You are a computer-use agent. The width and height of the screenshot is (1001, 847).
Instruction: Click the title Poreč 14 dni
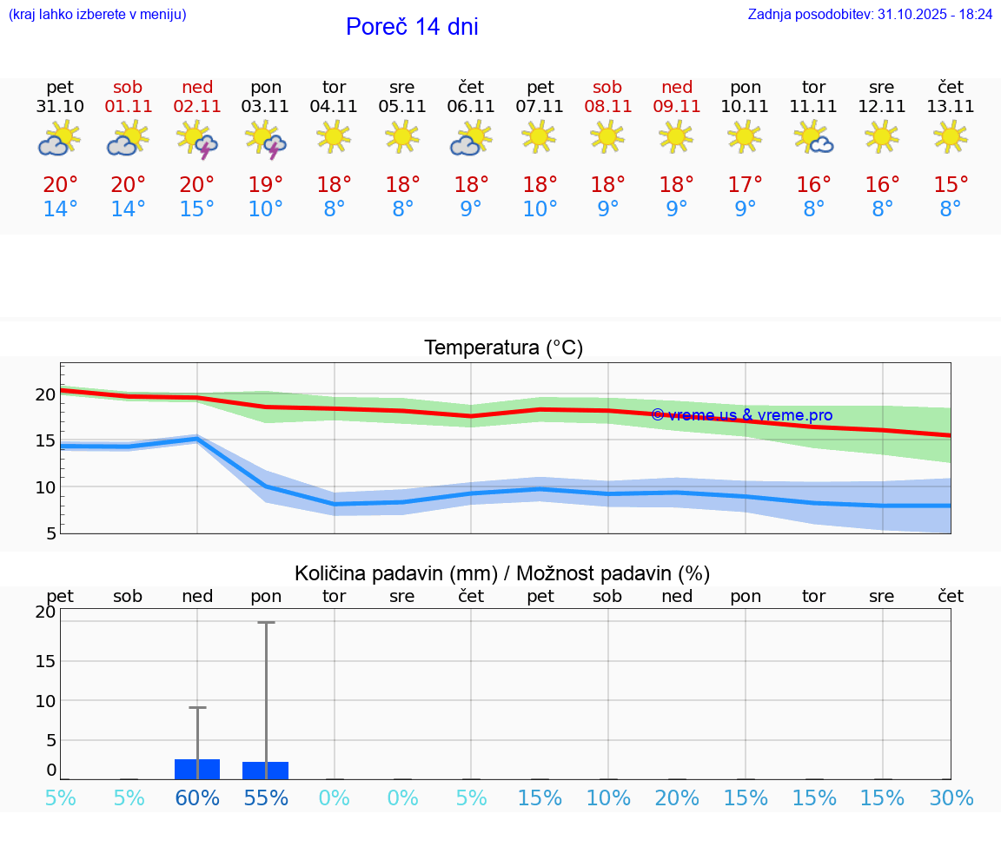pyautogui.click(x=412, y=27)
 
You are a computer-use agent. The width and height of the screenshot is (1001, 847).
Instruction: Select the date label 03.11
pyautogui.click(x=266, y=107)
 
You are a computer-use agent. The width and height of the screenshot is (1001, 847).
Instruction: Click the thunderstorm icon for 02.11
pyautogui.click(x=197, y=140)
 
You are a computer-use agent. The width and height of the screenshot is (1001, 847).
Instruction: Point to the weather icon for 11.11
pyautogui.click(x=814, y=138)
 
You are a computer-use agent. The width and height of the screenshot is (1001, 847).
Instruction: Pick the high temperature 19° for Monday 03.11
pyautogui.click(x=266, y=185)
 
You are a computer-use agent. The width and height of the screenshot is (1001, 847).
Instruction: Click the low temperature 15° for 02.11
pyautogui.click(x=197, y=209)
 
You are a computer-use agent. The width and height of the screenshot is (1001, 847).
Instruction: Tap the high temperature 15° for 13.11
pyautogui.click(x=951, y=185)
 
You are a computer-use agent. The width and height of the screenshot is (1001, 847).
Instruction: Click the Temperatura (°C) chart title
pyautogui.click(x=503, y=348)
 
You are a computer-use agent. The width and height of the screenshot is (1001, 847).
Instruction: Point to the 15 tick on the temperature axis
pyautogui.click(x=45, y=440)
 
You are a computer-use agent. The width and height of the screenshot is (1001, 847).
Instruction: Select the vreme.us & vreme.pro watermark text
pyautogui.click(x=742, y=415)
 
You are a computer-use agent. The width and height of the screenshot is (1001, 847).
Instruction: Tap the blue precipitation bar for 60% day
pyautogui.click(x=197, y=769)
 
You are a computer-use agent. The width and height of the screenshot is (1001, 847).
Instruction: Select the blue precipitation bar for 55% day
pyautogui.click(x=266, y=771)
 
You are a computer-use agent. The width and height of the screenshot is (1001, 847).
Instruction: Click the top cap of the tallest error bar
pyautogui.click(x=266, y=622)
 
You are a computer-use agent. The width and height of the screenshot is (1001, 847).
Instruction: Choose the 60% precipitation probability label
pyautogui.click(x=197, y=798)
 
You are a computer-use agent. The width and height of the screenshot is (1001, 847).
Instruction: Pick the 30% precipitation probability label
pyautogui.click(x=951, y=798)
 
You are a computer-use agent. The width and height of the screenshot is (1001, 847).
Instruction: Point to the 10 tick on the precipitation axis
pyautogui.click(x=45, y=700)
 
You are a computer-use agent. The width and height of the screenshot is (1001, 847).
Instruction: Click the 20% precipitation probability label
pyautogui.click(x=677, y=798)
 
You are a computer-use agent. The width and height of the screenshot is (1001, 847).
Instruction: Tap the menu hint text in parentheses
pyautogui.click(x=97, y=15)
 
